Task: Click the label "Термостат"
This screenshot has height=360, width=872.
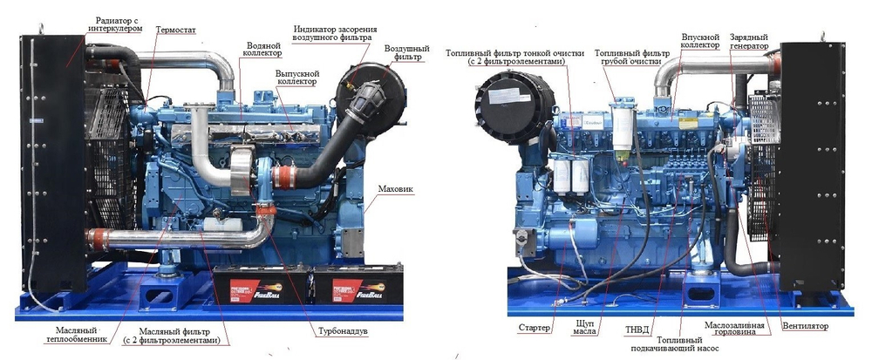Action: [x=176, y=30]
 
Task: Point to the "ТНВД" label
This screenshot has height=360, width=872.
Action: [x=637, y=329]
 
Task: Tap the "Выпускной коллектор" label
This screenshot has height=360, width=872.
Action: [x=296, y=78]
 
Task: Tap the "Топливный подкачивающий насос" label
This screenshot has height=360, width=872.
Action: [x=675, y=344]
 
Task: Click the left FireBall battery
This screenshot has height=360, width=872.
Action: [x=262, y=285]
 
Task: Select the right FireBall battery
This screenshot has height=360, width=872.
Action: [x=357, y=285]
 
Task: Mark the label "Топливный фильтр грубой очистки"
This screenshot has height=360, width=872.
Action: [x=631, y=58]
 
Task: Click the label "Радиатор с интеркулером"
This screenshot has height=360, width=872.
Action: [x=115, y=24]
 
